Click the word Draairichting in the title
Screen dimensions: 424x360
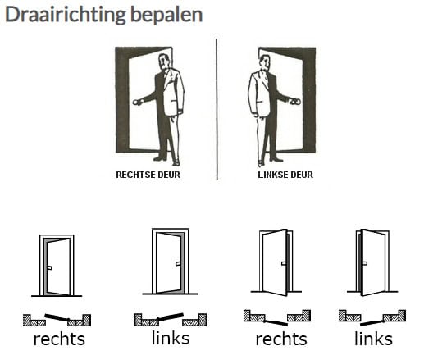point(66,15)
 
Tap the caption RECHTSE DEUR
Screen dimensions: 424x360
point(148,175)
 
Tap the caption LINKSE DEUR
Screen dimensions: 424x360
point(285,175)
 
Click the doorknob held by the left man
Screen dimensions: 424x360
point(136,103)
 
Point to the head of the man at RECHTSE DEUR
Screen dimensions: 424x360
point(164,62)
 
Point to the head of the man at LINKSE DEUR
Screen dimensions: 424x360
point(265,62)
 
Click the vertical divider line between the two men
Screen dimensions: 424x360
point(217,109)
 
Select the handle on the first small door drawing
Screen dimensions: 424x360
point(49,267)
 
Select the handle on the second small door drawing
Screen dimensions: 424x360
point(178,264)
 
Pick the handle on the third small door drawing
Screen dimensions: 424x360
point(284,263)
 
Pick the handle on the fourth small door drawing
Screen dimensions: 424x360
point(365,263)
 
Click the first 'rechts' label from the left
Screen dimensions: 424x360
point(59,339)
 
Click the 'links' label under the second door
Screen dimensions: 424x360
point(171,338)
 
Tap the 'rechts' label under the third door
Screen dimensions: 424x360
point(281,339)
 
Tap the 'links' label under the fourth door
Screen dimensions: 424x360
point(373,339)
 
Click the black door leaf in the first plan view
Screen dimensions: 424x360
point(57,317)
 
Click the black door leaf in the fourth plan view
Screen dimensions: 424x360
point(372,322)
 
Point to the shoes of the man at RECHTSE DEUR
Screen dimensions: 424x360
point(166,161)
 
